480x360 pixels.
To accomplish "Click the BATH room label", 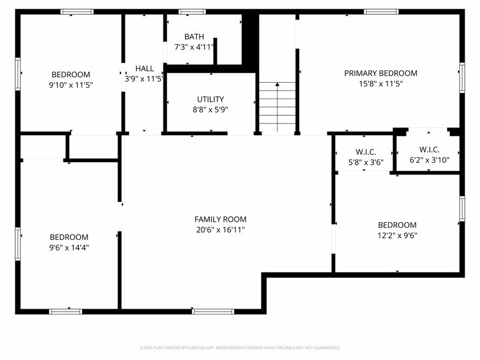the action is click(x=194, y=37).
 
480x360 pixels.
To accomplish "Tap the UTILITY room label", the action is click(x=211, y=99).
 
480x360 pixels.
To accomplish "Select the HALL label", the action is click(x=144, y=69).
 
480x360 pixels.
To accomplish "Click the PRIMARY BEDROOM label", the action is click(x=381, y=73).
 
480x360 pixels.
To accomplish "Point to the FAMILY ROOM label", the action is click(x=220, y=219).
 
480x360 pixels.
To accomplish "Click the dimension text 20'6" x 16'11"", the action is click(x=220, y=230).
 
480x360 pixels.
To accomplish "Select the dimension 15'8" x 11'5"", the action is click(x=381, y=83).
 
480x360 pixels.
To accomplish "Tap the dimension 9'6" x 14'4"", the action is click(x=69, y=247).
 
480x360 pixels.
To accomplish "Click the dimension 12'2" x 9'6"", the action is click(x=397, y=235).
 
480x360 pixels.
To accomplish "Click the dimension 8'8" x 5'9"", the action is click(x=211, y=110).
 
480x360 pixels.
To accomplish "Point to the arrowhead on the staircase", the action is click(x=277, y=84).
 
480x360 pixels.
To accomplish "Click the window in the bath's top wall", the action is click(x=192, y=12).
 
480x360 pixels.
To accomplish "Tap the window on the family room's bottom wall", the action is click(x=213, y=312).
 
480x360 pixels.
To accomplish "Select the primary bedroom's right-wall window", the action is click(x=462, y=77).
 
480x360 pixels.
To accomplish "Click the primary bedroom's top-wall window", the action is click(x=381, y=12).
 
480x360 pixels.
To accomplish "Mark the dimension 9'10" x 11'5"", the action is click(x=71, y=84).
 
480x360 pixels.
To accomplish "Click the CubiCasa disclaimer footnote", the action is click(x=240, y=348).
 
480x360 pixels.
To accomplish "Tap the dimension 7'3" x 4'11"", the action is click(x=194, y=47).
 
